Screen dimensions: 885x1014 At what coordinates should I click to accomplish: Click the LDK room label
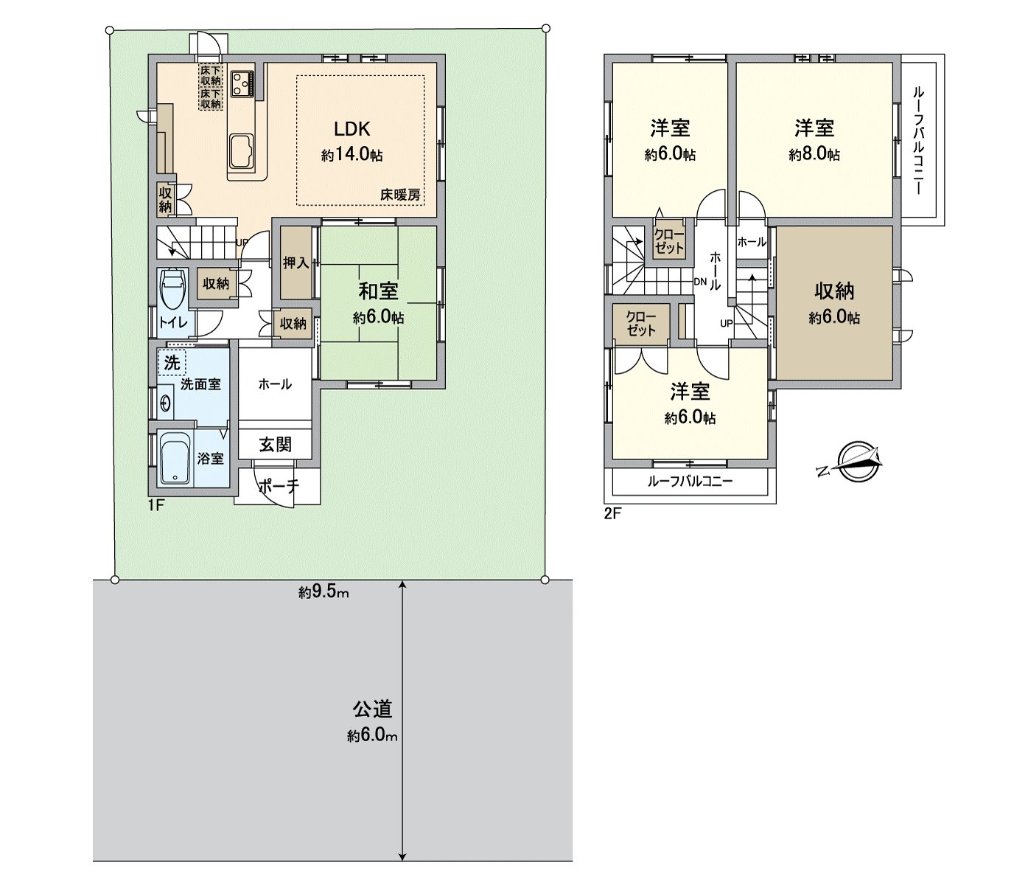pyautogui.click(x=352, y=129)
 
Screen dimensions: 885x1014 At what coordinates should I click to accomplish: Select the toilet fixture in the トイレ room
pyautogui.click(x=172, y=289)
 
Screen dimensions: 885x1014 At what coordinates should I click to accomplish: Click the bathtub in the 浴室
pyautogui.click(x=175, y=458)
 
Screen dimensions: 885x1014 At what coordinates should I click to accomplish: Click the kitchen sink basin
pyautogui.click(x=242, y=150)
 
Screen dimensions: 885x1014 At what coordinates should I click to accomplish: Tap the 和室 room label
pyautogui.click(x=378, y=291)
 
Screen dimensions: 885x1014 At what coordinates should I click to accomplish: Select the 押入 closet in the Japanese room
pyautogui.click(x=296, y=263)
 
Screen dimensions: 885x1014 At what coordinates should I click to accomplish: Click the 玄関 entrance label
pyautogui.click(x=275, y=444)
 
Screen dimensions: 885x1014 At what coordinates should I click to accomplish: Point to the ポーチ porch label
pyautogui.click(x=279, y=486)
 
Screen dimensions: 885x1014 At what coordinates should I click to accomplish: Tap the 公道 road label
pyautogui.click(x=373, y=709)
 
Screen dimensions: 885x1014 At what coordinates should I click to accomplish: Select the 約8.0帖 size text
pyautogui.click(x=814, y=155)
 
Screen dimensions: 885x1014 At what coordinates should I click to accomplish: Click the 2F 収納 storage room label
pyautogui.click(x=834, y=291)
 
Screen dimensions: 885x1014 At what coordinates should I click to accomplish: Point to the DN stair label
pyautogui.click(x=700, y=282)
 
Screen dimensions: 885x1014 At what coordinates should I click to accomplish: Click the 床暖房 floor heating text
pyautogui.click(x=400, y=195)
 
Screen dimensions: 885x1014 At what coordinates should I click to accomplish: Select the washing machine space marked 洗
pyautogui.click(x=172, y=363)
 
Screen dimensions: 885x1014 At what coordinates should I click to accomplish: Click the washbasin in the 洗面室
pyautogui.click(x=166, y=403)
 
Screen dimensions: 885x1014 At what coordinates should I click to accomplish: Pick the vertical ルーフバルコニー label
pyautogui.click(x=918, y=140)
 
